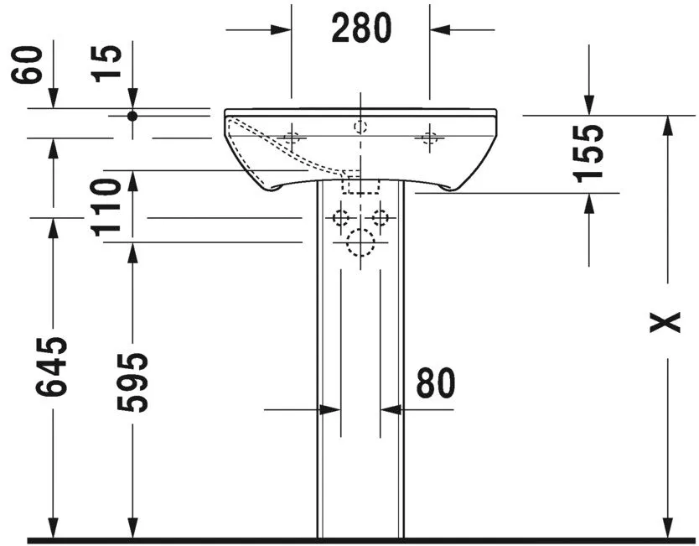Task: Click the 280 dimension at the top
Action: [361, 29]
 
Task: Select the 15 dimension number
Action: [108, 64]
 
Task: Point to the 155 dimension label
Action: [589, 153]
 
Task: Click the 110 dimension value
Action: [108, 207]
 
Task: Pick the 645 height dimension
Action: [52, 367]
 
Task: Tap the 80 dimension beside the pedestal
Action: [436, 383]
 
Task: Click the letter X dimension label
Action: [666, 322]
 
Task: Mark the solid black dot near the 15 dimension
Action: [132, 116]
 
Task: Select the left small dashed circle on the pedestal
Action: [341, 218]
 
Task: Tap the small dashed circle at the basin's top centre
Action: [360, 127]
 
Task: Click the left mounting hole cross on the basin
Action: [292, 138]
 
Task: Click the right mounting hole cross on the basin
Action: [430, 138]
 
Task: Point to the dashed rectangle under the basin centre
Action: [360, 184]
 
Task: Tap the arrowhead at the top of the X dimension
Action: [667, 124]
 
